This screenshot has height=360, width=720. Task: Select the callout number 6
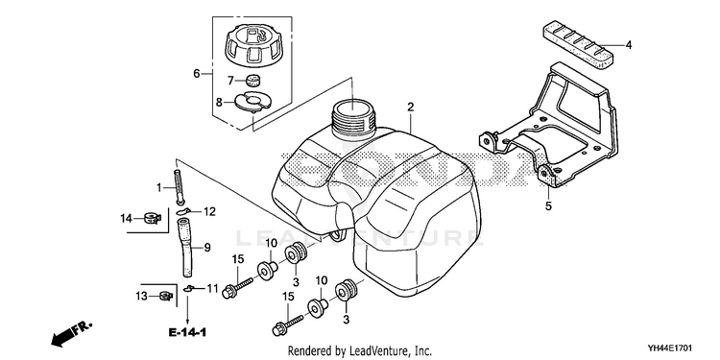click(x=197, y=74)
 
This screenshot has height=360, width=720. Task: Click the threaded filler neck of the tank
click(x=352, y=119)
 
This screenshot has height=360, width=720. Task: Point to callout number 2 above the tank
click(x=411, y=107)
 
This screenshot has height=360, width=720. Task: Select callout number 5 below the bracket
click(x=549, y=206)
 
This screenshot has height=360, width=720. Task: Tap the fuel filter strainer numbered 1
click(x=179, y=187)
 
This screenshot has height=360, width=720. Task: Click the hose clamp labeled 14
click(x=151, y=218)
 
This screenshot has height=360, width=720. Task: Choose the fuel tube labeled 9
click(x=186, y=248)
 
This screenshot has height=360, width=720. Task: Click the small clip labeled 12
click(x=183, y=211)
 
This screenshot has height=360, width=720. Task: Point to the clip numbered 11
click(x=188, y=288)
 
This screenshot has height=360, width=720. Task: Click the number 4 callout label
click(x=629, y=45)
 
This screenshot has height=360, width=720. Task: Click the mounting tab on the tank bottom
click(x=337, y=235)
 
